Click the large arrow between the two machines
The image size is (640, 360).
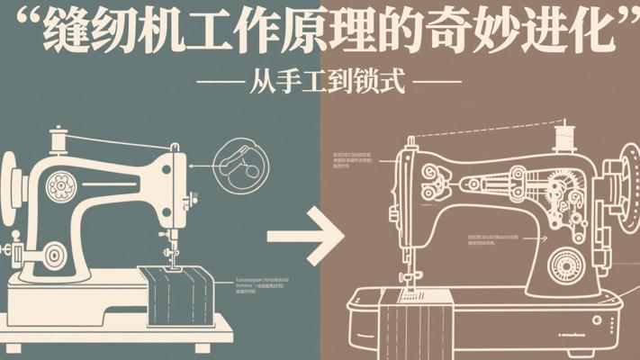(306, 237)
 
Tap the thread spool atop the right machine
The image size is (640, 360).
(564, 136)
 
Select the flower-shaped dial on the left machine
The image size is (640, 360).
(62, 186)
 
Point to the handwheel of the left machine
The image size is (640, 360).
(10, 184)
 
